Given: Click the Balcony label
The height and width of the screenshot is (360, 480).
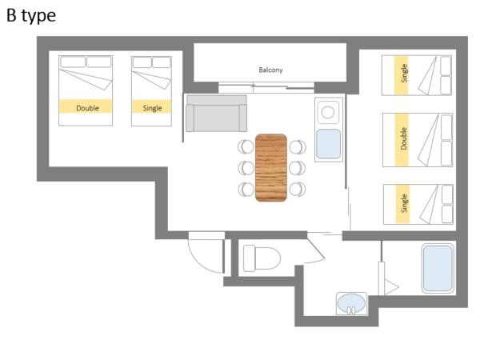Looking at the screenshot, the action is (x=270, y=70).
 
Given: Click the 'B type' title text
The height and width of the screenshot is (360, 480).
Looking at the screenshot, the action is (x=31, y=16).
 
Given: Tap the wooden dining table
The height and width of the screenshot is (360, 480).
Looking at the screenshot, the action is (x=271, y=168).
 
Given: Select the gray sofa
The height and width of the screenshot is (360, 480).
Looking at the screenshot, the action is (x=217, y=114).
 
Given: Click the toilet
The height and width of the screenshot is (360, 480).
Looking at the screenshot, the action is (x=262, y=258).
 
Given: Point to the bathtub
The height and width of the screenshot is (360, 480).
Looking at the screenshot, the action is (x=438, y=268).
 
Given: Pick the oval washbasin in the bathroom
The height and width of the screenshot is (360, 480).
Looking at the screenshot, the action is (x=351, y=303).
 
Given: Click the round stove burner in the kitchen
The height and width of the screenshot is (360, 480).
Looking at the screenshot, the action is (x=328, y=112).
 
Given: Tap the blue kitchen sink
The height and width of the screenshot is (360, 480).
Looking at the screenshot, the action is (x=329, y=144).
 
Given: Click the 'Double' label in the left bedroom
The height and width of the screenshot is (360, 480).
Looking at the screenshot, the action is (x=87, y=108).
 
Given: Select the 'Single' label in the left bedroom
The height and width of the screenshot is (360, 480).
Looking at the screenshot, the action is (x=152, y=108).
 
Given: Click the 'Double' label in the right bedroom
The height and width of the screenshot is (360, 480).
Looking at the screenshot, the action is (x=404, y=138).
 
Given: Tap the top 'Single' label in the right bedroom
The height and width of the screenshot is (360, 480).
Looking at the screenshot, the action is (x=404, y=73).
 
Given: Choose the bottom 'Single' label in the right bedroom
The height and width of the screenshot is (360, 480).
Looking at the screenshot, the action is (x=404, y=203).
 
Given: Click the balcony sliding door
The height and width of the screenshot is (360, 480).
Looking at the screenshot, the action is (x=266, y=87).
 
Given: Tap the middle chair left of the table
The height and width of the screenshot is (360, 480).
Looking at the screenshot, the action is (x=246, y=168).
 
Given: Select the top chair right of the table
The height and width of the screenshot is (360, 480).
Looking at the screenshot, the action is (x=298, y=147).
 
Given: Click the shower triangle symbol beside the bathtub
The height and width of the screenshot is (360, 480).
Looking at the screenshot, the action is (x=390, y=287).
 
